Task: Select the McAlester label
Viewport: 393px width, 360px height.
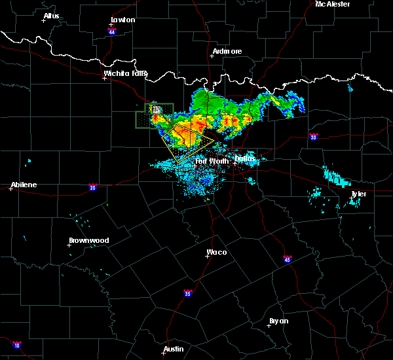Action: (332, 4)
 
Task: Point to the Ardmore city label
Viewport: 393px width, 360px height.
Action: (227, 51)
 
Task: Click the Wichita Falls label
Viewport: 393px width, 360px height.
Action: (125, 74)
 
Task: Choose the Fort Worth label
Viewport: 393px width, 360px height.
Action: (210, 160)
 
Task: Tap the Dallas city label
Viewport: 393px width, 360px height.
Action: (245, 158)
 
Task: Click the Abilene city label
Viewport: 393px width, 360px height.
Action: (24, 185)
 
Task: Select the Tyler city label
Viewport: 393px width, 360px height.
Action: (358, 194)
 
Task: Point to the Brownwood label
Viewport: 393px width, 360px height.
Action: (89, 240)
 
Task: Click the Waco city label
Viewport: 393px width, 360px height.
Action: (217, 252)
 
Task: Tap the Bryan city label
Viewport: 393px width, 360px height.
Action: (278, 321)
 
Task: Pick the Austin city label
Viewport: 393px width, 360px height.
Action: (174, 349)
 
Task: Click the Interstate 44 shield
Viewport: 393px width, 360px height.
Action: (112, 31)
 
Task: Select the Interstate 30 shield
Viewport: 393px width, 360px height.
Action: (314, 137)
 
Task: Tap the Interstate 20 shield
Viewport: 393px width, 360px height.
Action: (93, 187)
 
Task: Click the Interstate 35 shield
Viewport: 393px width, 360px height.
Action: (188, 293)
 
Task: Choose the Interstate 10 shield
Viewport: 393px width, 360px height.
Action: (17, 345)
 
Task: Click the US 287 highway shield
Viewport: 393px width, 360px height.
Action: (156, 110)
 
